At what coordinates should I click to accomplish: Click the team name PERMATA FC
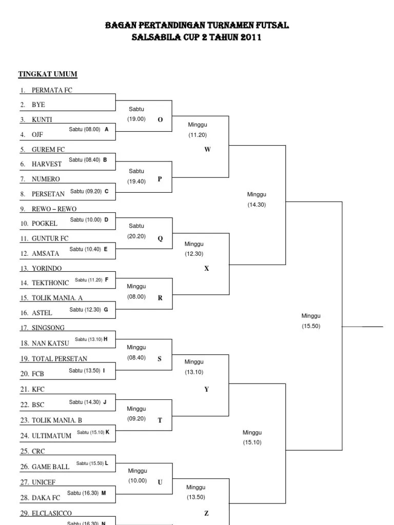point(53,90)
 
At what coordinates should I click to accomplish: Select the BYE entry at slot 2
point(38,105)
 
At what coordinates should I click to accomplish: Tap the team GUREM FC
point(48,150)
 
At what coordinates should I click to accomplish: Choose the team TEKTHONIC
point(50,283)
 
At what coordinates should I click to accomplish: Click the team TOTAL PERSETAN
point(60,359)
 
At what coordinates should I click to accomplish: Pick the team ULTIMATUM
point(51,436)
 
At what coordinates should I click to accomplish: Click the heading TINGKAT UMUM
point(48,74)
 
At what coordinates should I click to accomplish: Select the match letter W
point(207,150)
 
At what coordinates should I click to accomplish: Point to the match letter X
point(207,269)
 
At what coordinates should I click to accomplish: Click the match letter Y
point(207,390)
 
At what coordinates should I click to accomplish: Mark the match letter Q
point(160,239)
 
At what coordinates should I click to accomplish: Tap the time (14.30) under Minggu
point(257,205)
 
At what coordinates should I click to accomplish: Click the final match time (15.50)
point(311,326)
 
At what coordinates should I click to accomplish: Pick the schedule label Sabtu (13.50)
point(84,371)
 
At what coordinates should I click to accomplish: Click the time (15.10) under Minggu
point(252,442)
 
